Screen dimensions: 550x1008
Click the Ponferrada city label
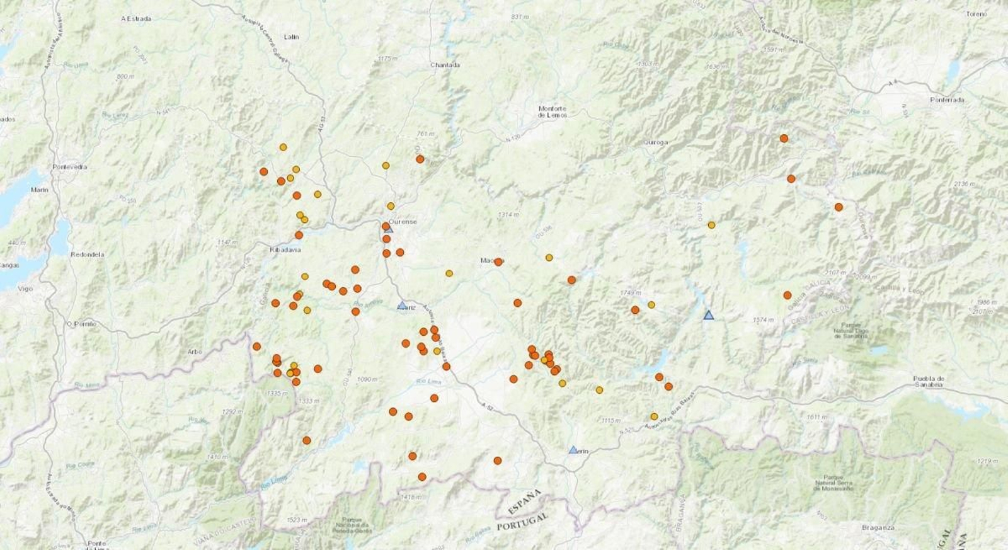(x=947, y=100)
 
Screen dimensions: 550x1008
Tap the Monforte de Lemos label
(x=553, y=112)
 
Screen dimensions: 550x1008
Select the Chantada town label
(x=445, y=65)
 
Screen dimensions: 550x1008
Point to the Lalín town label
(x=291, y=37)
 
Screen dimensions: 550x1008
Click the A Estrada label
(x=136, y=19)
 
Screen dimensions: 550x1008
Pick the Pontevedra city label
(x=70, y=167)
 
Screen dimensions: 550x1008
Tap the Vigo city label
(x=25, y=289)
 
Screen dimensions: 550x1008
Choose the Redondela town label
(x=88, y=255)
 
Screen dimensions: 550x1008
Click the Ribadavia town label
(x=285, y=250)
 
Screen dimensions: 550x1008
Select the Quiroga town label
(x=655, y=142)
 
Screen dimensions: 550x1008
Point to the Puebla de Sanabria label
(x=929, y=381)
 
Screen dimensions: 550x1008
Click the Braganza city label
(x=878, y=527)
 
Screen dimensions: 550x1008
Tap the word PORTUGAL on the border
(x=522, y=521)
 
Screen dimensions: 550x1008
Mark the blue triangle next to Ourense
(x=389, y=229)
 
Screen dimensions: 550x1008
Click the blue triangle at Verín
(x=573, y=450)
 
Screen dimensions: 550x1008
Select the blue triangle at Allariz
(x=402, y=305)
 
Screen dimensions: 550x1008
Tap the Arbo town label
(x=195, y=352)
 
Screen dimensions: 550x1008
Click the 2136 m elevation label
(x=965, y=184)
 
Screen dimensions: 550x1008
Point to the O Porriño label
(x=82, y=324)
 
